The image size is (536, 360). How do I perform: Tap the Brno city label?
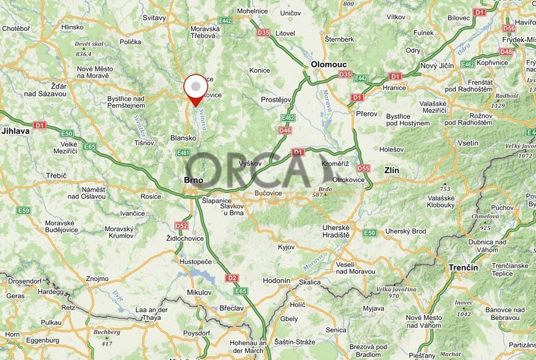point(193,180)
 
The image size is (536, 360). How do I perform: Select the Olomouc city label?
point(328,64)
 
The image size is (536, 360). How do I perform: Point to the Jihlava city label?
point(15,131)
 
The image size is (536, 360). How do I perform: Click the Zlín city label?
point(391,170)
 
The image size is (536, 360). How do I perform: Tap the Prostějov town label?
point(276,99)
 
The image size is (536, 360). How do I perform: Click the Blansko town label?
point(183,139)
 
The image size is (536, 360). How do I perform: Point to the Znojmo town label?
point(97,279)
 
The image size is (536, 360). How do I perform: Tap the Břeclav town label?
point(231,308)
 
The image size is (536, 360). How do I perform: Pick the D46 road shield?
point(285,130)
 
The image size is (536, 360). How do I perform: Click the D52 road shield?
point(181,226)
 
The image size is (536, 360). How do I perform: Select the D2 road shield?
point(232,278)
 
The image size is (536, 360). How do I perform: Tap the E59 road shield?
point(23,210)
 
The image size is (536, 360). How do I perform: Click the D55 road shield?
point(363,168)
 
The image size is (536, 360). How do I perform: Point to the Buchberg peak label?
point(107,332)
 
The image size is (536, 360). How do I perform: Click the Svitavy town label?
point(154,18)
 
